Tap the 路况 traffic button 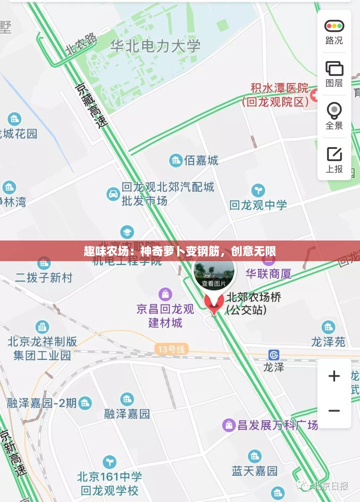click(x=334, y=32)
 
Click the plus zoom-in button click(x=334, y=376)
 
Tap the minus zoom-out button click(x=334, y=411)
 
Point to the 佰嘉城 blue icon click(x=176, y=161)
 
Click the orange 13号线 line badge click(x=171, y=349)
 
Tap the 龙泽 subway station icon click(x=274, y=355)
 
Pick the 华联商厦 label click(x=269, y=274)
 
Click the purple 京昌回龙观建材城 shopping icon click(x=165, y=294)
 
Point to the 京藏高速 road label click(x=92, y=106)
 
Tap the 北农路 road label click(x=81, y=44)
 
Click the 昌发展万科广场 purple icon click(x=229, y=425)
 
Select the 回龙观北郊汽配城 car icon click(x=113, y=194)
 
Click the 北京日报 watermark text click(x=330, y=486)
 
